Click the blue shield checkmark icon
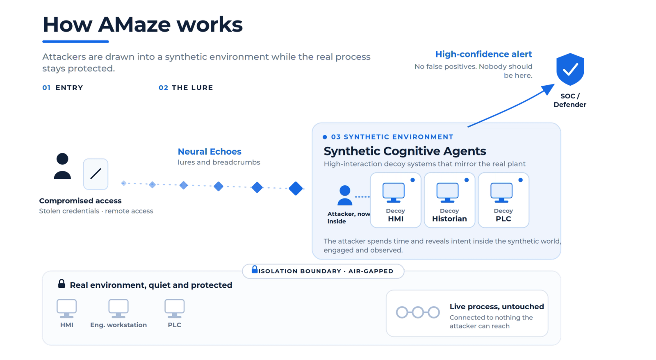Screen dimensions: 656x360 (x=570, y=69)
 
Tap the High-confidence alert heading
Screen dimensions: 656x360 (x=483, y=54)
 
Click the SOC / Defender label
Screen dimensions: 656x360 (x=569, y=100)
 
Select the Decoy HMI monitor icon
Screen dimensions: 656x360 (x=394, y=192)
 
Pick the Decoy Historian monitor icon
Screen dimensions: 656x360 (x=447, y=192)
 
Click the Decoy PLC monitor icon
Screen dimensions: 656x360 (x=501, y=192)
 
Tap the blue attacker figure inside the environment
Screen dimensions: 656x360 (x=345, y=195)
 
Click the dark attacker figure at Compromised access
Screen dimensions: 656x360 (x=62, y=166)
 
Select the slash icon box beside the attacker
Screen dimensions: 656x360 (x=96, y=174)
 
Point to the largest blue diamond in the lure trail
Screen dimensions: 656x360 (x=296, y=188)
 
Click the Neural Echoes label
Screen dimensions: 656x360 (x=210, y=151)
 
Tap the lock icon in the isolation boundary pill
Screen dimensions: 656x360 (x=255, y=269)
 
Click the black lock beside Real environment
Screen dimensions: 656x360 (x=61, y=284)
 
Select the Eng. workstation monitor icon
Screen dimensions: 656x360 (x=118, y=308)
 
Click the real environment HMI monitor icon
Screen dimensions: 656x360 (x=66, y=308)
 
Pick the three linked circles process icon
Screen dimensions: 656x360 (x=418, y=312)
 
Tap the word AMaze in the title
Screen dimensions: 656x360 (x=134, y=24)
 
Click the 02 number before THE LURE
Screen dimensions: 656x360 (x=164, y=88)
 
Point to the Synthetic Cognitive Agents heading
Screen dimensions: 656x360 (x=405, y=151)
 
